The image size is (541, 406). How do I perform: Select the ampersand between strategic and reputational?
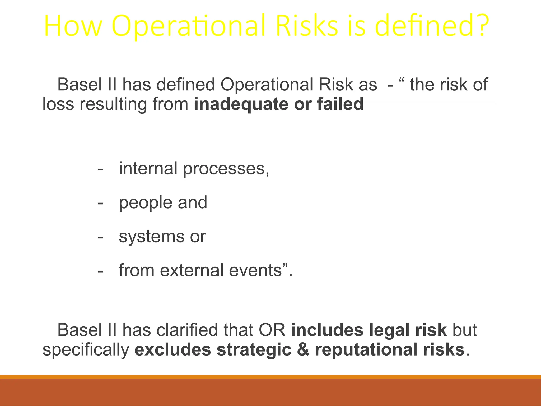(x=303, y=349)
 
